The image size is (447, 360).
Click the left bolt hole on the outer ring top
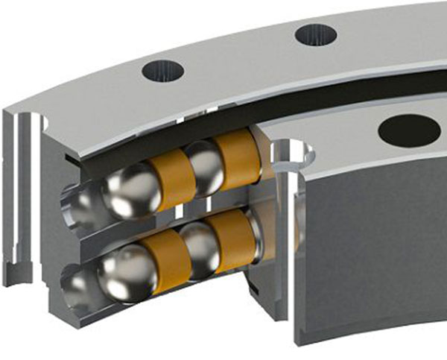(x=163, y=72)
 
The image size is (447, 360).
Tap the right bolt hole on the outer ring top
(x=316, y=34)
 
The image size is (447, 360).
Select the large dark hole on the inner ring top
(x=408, y=131)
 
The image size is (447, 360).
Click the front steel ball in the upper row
(x=130, y=189)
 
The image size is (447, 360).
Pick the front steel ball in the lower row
(x=127, y=272)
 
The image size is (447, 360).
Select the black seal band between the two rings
(x=223, y=119)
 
